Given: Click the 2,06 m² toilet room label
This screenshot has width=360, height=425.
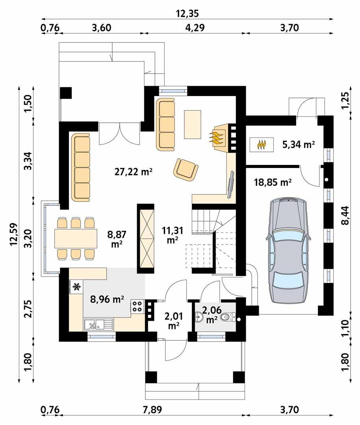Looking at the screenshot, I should pyautogui.click(x=212, y=315).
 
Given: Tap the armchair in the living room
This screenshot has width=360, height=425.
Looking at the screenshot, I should pyautogui.click(x=185, y=169).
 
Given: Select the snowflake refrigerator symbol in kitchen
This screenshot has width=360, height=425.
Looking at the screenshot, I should pyautogui.click(x=76, y=287).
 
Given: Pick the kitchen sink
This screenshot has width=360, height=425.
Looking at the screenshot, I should pyautogui.click(x=94, y=325).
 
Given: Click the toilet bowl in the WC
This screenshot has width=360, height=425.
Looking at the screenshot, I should pyautogui.click(x=228, y=316).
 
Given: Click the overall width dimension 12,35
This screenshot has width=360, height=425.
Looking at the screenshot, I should pyautogui.click(x=187, y=14).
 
